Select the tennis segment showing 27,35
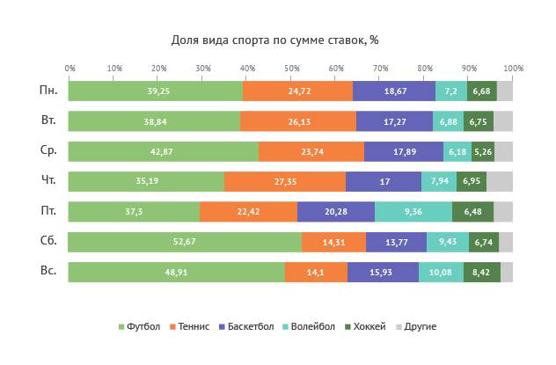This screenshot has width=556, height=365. (285, 182)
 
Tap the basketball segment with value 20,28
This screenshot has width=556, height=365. (336, 212)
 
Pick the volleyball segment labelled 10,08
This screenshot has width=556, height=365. (441, 273)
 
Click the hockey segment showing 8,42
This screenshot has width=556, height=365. (481, 273)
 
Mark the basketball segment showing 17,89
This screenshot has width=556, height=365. (404, 151)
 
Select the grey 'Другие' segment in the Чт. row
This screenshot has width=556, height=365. (499, 182)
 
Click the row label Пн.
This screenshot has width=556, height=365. (48, 91)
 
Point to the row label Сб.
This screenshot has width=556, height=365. (48, 242)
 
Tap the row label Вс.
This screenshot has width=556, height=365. (48, 272)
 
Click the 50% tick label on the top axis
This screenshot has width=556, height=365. (291, 68)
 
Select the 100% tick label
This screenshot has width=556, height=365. (513, 68)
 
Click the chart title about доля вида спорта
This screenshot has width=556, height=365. (274, 40)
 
